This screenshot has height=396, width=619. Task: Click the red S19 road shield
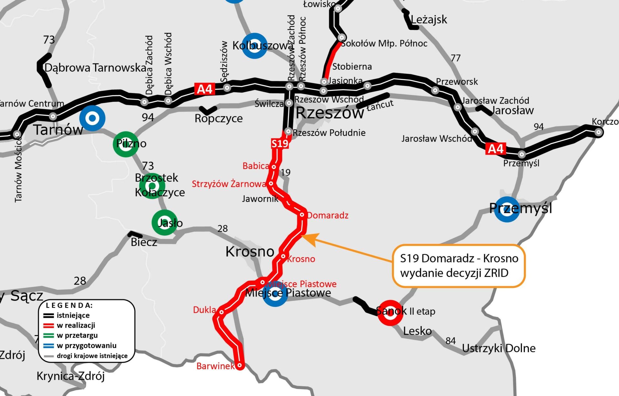280,143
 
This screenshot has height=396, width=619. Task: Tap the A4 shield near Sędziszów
205,89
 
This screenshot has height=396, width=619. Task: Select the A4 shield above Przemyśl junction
496,149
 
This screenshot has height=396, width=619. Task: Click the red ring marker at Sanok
390,313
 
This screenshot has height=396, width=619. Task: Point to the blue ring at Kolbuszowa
254,46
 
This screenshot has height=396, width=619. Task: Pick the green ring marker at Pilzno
126,144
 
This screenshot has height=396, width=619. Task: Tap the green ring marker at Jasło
164,222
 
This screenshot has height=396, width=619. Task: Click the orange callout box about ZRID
459,266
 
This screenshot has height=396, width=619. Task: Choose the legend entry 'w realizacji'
76,325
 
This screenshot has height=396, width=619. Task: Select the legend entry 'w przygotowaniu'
86,345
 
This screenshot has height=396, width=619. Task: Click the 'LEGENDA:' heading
69,305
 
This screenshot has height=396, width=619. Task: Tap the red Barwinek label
215,366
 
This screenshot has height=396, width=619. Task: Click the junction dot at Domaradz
302,215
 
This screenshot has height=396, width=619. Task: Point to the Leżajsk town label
429,20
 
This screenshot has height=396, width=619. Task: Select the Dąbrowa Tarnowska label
95,68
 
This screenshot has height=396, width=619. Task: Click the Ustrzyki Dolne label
499,348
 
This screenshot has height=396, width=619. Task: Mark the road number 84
450,341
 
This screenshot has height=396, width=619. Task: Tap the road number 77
456,58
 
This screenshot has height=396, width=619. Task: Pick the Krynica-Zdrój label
71,376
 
